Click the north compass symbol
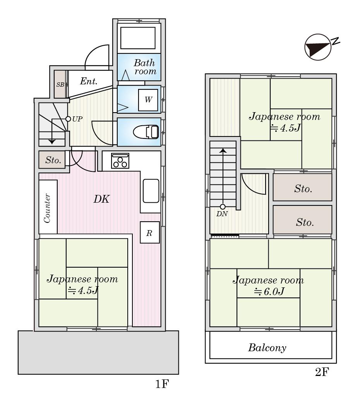coord(318,47)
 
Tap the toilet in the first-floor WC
coord(146,132)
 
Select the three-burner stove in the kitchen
coord(120,161)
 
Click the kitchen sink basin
coord(151,190)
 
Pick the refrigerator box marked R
coord(150,232)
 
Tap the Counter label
coord(48,208)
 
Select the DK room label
coord(101,199)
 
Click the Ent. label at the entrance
coord(89,81)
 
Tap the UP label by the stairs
coord(77,119)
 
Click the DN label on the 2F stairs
coord(222,214)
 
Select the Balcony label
coord(267,348)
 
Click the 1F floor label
coord(163,384)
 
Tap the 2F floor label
coord(322,372)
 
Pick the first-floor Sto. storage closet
coord(53,160)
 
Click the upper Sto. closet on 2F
coord(303,189)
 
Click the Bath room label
coord(145,67)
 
